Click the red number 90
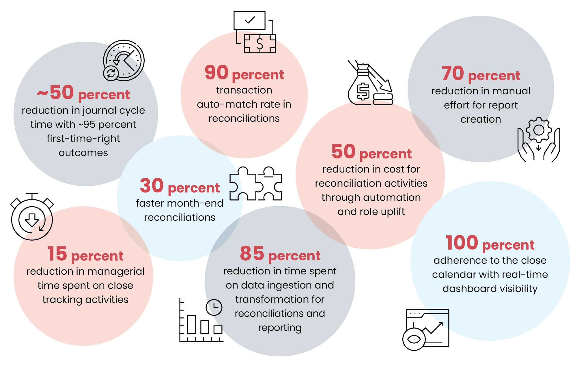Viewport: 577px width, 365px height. (216, 72)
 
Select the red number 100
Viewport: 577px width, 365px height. (462, 243)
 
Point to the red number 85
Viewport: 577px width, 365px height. (252, 253)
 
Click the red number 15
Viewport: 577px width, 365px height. (57, 254)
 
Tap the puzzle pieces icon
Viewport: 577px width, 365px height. (255, 184)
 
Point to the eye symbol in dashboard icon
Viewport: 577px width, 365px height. (414, 339)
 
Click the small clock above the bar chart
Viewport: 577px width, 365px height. (214, 307)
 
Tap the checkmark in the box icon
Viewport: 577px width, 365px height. (250, 20)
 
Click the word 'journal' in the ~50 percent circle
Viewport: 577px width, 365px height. (98, 111)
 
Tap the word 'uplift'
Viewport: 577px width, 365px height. (393, 212)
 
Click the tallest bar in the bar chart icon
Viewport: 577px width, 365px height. (191, 324)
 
